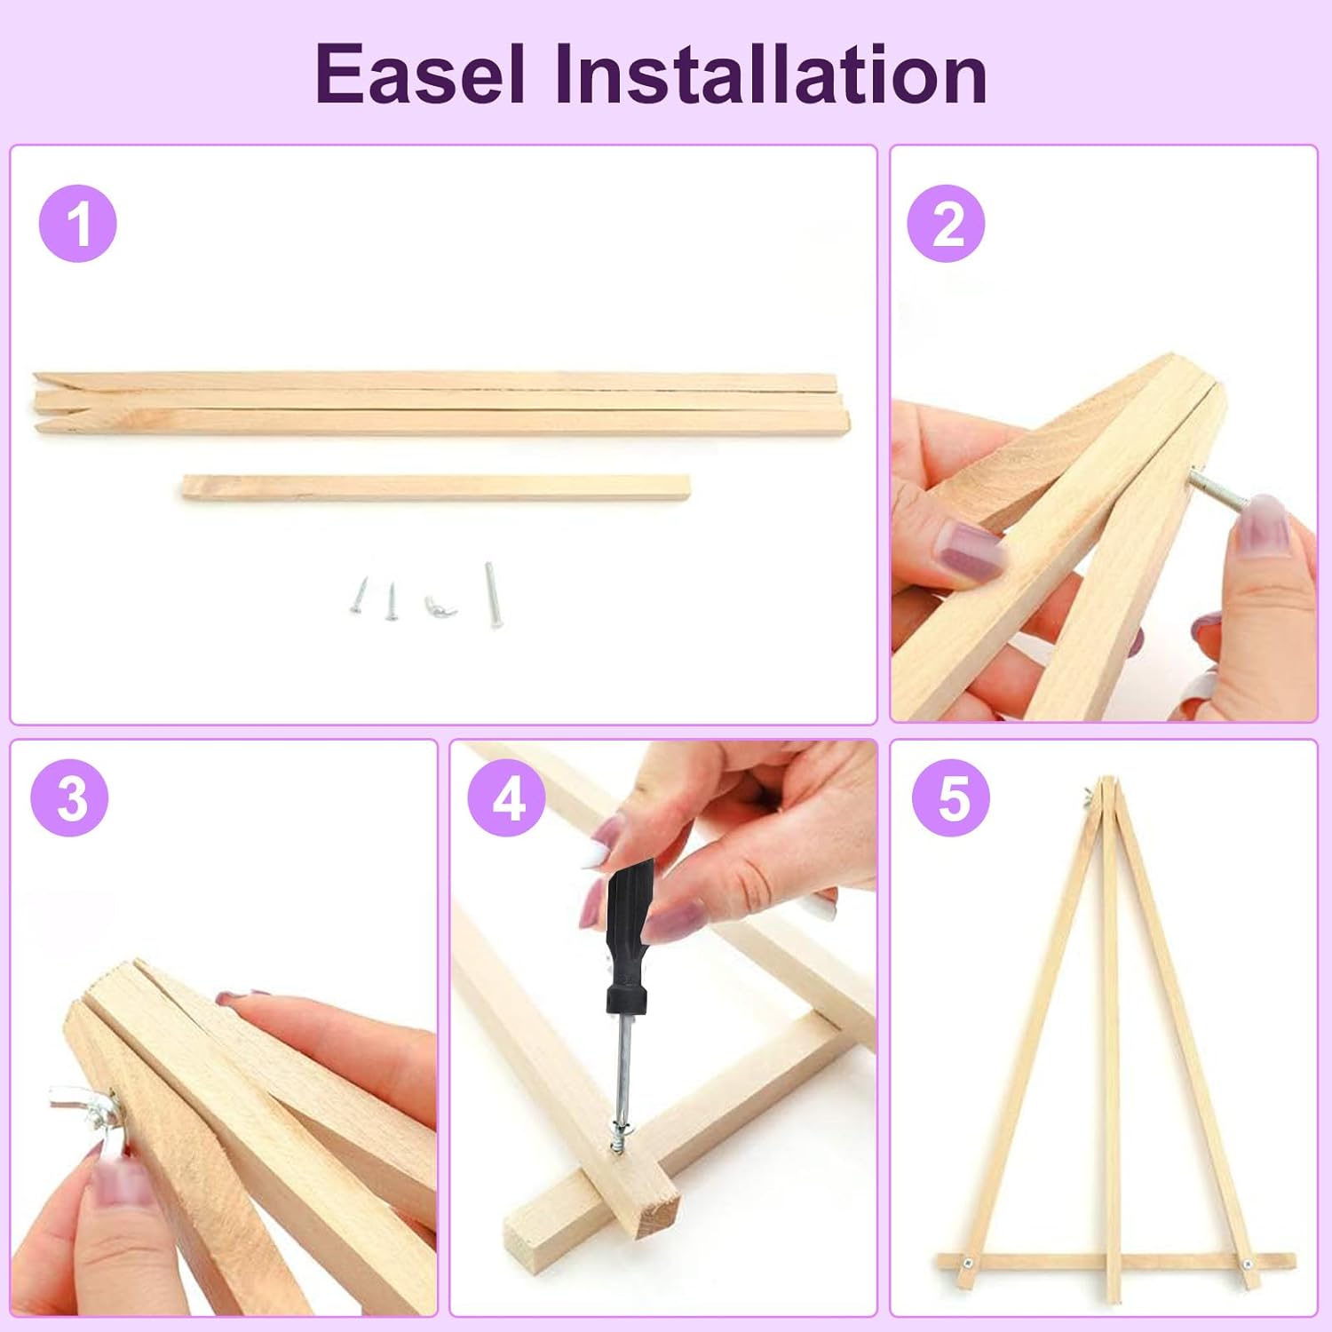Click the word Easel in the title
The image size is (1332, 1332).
tap(420, 75)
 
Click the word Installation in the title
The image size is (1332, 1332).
tap(771, 75)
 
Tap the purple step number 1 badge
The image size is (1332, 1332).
tap(78, 223)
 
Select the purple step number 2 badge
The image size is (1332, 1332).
tap(946, 223)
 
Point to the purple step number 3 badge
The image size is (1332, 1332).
tap(70, 797)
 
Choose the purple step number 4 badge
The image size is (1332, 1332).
tap(507, 797)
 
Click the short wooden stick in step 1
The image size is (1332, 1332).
tap(436, 488)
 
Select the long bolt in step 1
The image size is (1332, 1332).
tap(492, 594)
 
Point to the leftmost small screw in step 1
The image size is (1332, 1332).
tap(359, 594)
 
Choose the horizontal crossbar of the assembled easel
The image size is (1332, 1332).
tap(1115, 1261)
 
